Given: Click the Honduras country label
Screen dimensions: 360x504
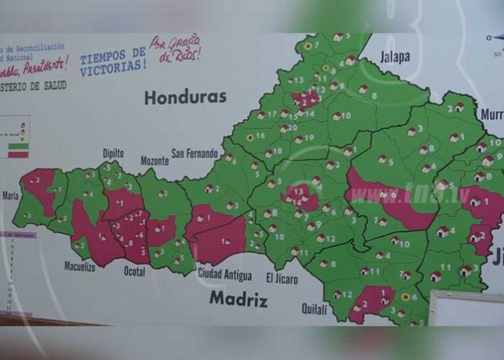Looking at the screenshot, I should coord(185,97).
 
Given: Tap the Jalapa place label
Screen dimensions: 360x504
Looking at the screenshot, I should coord(395,56).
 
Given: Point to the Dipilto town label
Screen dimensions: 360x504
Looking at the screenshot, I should coord(113,154).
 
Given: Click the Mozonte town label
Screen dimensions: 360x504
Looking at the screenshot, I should coord(154,159).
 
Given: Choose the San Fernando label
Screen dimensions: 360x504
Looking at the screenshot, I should coord(194,154).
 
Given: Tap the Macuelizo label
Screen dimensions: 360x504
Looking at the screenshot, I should coord(79,266).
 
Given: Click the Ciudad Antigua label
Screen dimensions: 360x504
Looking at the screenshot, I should coord(224,275).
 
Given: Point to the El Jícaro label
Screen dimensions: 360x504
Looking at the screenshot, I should coord(282,278).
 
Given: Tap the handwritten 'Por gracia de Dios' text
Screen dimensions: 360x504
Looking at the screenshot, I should coord(176,48).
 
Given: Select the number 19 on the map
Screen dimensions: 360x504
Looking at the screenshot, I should coord(309,137).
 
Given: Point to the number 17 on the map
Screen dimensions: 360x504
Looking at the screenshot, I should coord(272,114).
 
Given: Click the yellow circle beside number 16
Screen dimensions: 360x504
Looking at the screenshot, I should coord(251,136).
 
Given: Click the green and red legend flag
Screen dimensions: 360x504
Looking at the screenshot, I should coord(18,149).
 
